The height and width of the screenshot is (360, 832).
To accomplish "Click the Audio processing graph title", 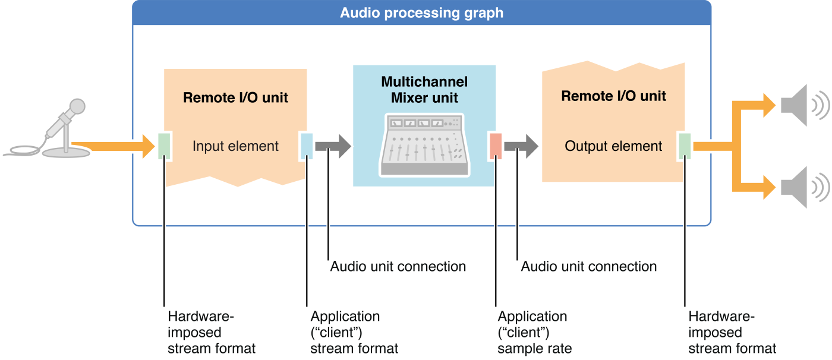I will click(421, 12).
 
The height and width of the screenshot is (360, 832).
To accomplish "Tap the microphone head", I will click(76, 108).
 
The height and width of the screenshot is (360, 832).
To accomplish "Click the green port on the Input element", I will click(165, 146).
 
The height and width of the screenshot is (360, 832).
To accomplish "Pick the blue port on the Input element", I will click(307, 146).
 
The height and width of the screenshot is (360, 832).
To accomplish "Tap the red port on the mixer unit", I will click(496, 146).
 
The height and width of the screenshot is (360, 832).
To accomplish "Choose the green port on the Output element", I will click(685, 146).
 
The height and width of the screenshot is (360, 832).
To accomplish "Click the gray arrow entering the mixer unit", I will click(333, 146).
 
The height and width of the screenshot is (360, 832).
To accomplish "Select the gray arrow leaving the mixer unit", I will click(521, 146).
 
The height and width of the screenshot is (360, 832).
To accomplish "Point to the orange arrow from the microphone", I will click(113, 146).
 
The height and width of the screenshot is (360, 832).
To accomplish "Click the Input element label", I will click(235, 146).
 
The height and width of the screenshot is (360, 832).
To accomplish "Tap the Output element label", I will click(613, 146).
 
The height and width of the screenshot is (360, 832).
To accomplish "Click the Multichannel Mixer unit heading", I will click(424, 90).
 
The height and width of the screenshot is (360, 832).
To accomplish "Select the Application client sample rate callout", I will click(534, 332).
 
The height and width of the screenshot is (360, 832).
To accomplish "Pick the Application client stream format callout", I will click(354, 332).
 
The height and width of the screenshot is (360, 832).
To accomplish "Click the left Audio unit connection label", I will click(398, 266).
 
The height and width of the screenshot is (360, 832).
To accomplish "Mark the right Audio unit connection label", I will click(589, 266).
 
